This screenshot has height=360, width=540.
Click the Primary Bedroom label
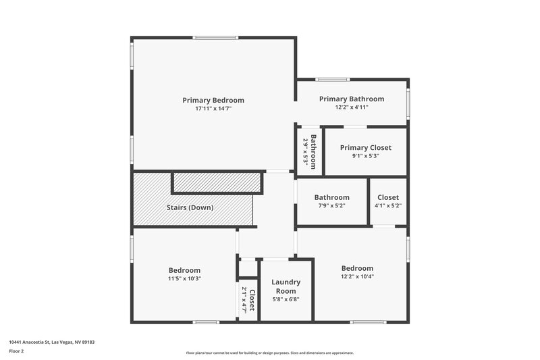(213, 100)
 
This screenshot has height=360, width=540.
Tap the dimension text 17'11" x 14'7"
(213, 108)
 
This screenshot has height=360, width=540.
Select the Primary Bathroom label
(352, 99)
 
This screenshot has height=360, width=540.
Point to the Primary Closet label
(365, 147)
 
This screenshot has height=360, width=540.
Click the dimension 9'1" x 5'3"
(365, 156)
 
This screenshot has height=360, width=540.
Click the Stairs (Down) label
(190, 207)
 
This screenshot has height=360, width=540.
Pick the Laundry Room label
(286, 286)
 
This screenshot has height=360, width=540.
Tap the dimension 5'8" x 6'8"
(286, 300)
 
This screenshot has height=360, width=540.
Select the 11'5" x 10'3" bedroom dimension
(184, 278)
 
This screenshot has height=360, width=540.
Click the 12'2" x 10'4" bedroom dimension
(357, 276)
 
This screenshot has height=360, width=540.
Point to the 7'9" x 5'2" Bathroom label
(331, 197)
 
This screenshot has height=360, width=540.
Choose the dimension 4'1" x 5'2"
(388, 206)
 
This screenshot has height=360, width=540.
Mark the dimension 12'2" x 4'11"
(352, 107)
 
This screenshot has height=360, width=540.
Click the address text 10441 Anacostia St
(51, 342)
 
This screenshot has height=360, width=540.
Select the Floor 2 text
(16, 351)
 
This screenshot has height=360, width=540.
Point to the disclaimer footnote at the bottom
(269, 353)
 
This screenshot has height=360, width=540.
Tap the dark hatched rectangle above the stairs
(217, 182)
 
